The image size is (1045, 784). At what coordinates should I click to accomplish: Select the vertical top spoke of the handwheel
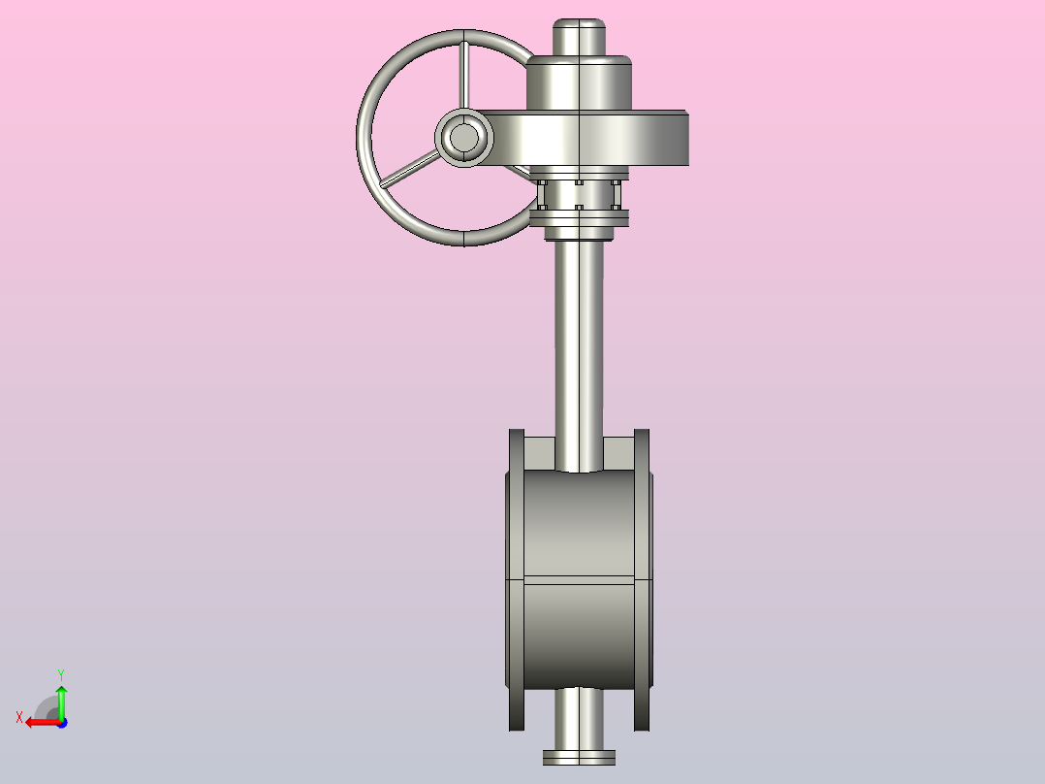(464, 76)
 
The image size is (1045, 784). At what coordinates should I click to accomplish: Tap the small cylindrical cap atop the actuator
(579, 37)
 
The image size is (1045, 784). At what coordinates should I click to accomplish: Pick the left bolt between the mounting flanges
(543, 194)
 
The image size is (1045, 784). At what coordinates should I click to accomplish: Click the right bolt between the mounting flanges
(615, 194)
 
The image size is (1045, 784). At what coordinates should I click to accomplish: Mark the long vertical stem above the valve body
(579, 349)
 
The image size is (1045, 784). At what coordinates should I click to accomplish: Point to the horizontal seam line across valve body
(579, 579)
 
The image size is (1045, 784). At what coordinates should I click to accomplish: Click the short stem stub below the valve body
(579, 718)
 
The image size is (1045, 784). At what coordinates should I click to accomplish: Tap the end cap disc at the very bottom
(579, 757)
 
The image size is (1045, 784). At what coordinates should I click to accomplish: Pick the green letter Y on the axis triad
(60, 673)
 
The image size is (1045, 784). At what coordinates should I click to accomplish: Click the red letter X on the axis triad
(19, 717)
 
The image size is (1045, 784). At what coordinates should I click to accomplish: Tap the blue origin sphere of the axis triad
(61, 723)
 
